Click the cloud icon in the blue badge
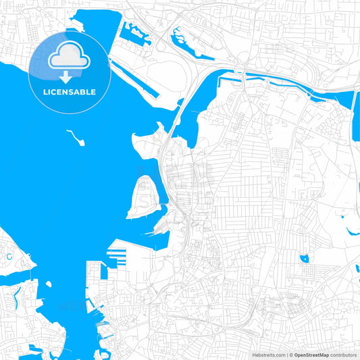(x=70, y=57)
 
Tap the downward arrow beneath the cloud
(x=70, y=76)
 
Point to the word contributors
(x=344, y=355)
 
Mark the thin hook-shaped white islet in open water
(x=76, y=138)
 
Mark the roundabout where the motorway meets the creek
(x=240, y=69)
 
